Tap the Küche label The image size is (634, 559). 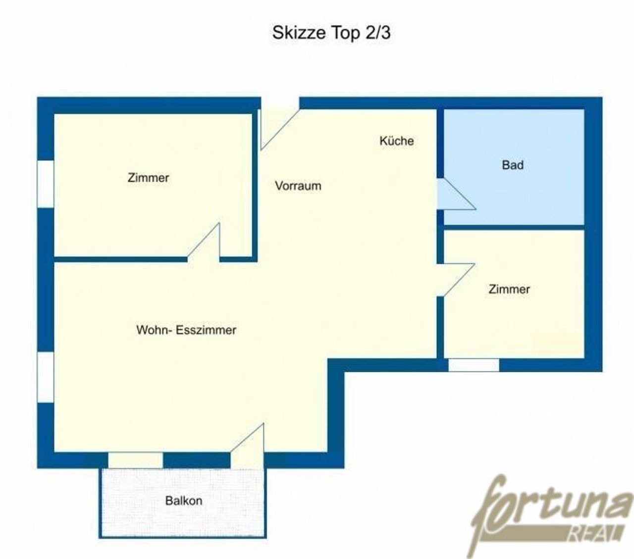point(396,141)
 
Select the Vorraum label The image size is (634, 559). point(298,186)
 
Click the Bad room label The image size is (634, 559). point(513,165)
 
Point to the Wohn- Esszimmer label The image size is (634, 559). point(186,330)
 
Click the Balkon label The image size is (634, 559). point(184,501)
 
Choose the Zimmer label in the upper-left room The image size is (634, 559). point(148,178)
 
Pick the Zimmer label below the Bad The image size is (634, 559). point(509,289)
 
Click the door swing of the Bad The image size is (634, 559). point(456,195)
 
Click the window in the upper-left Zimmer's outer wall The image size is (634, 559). point(46,184)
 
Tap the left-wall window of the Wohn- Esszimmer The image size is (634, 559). point(46,377)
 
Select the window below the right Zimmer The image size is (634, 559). point(474,365)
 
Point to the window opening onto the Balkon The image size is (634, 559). point(136,460)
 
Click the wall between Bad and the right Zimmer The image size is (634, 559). point(514,227)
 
